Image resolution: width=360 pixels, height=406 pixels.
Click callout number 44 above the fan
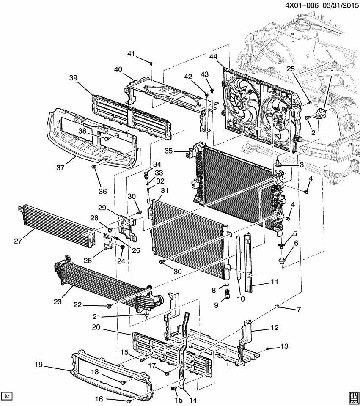[x=214, y=57]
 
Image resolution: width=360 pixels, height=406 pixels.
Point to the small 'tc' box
[x=7, y=396]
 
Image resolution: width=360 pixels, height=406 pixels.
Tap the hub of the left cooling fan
[x=242, y=100]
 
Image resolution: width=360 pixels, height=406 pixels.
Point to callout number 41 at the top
[x=131, y=53]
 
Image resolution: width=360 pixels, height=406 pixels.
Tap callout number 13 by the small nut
[x=284, y=347]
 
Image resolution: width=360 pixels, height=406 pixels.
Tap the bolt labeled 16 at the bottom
[x=128, y=399]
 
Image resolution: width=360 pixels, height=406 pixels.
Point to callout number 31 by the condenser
[x=164, y=190]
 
